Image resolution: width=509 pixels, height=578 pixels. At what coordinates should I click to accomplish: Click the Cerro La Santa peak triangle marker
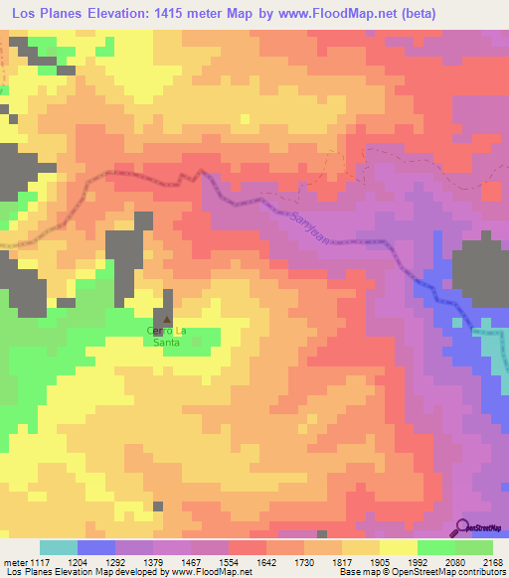coord(167,320)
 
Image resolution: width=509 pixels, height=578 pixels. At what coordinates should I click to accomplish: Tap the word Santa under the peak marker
coord(165,342)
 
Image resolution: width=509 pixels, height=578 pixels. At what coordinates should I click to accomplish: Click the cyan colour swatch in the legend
coord(59,547)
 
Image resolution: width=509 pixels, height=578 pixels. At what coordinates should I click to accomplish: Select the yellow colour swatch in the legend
coord(399,547)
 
